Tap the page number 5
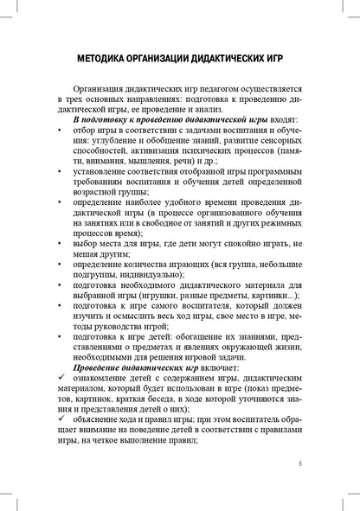[x=299, y=463]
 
